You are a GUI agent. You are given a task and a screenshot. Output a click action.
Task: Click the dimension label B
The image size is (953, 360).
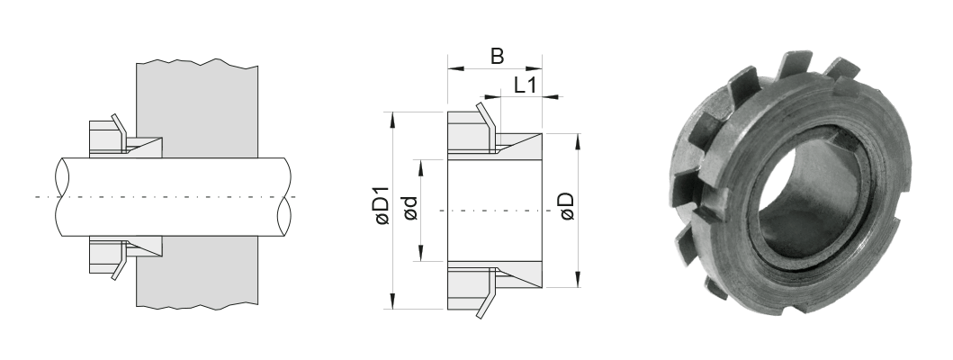click(496, 56)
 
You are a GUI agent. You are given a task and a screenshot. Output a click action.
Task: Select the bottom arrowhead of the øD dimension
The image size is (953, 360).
click(577, 283)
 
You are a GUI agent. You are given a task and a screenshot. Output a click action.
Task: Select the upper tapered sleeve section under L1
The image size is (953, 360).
click(520, 144)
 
